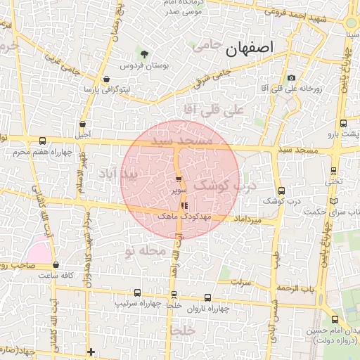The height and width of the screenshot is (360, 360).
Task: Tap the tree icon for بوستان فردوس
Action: click(144, 53)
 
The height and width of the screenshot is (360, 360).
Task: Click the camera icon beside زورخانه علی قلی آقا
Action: click(291, 78)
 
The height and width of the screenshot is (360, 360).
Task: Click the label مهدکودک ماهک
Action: click(182, 217)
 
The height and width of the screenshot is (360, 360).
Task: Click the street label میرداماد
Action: click(251, 220)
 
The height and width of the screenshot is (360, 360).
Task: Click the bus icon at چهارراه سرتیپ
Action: click(137, 293)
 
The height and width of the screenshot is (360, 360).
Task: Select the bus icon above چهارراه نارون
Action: click(207, 297)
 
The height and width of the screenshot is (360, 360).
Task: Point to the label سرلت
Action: click(243, 283)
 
